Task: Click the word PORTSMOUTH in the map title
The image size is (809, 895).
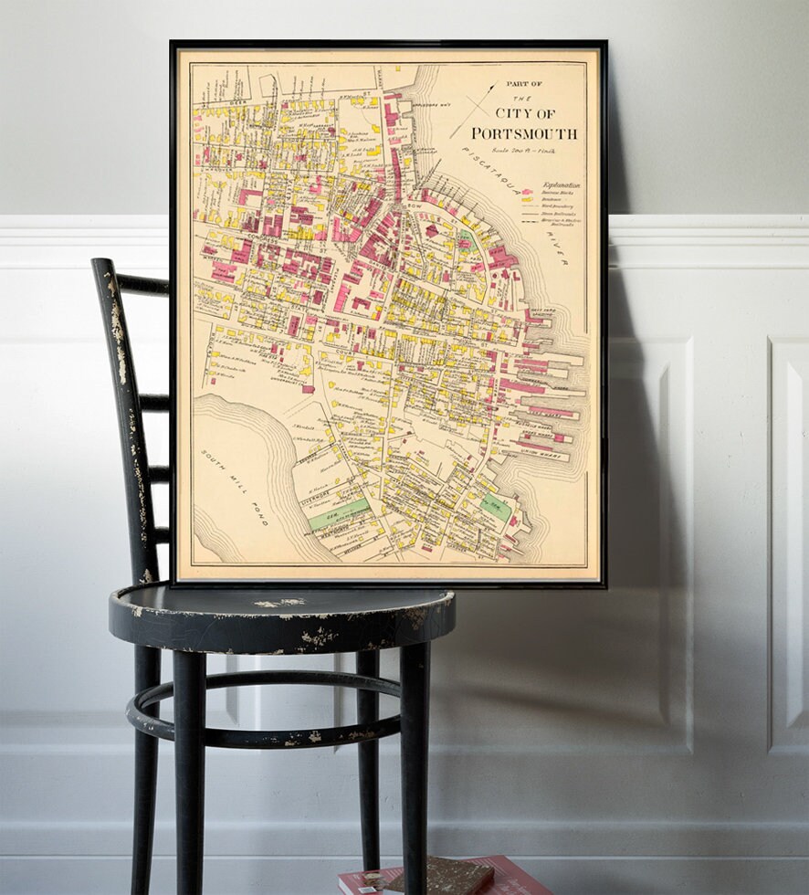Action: pyautogui.click(x=524, y=133)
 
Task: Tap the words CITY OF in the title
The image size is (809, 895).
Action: pyautogui.click(x=525, y=113)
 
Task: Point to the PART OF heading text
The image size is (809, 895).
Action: pyautogui.click(x=523, y=84)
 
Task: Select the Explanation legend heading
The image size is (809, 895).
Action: pyautogui.click(x=560, y=184)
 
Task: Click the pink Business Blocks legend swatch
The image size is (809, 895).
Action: pyautogui.click(x=526, y=193)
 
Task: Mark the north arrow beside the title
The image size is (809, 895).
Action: pyautogui.click(x=474, y=110)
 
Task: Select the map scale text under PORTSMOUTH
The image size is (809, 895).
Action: pyautogui.click(x=523, y=149)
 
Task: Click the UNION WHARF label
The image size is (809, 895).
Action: pyautogui.click(x=539, y=450)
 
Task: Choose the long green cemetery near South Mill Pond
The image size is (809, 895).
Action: pyautogui.click(x=339, y=514)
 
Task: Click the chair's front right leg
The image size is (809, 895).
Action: pyautogui.click(x=415, y=767)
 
